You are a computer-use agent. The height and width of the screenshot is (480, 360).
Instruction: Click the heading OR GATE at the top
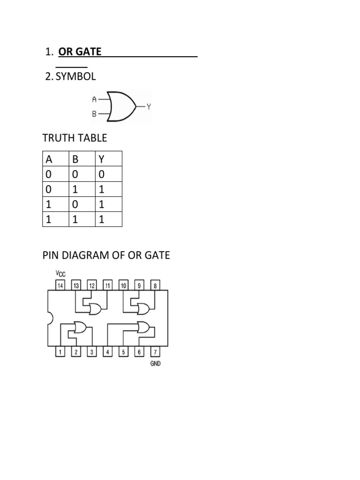point(80,52)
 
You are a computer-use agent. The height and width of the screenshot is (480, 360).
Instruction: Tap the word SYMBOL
point(75,76)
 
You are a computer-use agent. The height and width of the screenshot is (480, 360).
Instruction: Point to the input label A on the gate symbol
point(94,99)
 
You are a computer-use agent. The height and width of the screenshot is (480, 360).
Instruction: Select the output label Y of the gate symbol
point(149,107)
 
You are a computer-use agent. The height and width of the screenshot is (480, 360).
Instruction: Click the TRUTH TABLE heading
point(75,138)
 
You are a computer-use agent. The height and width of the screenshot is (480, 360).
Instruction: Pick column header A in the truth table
point(49,159)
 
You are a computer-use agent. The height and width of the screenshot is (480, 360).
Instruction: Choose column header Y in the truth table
point(101,159)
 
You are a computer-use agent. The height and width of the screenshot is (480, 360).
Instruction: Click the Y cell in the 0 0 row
point(101,174)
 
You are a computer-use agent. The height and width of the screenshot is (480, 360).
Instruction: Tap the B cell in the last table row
point(75,219)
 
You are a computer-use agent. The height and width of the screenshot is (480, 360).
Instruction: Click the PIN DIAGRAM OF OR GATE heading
point(106,255)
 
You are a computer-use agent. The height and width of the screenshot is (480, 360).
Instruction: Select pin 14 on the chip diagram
point(60,285)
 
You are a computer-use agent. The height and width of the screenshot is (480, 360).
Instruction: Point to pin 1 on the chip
point(60,352)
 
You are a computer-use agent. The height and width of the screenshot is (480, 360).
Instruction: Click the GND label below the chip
point(155,363)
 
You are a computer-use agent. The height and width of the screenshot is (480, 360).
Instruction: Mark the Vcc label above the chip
point(60,274)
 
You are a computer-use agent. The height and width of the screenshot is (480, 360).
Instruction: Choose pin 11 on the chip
point(108,285)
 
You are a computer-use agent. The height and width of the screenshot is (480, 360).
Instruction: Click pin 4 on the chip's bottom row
point(108,352)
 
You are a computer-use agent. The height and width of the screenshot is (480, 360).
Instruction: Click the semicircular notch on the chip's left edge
point(49,318)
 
